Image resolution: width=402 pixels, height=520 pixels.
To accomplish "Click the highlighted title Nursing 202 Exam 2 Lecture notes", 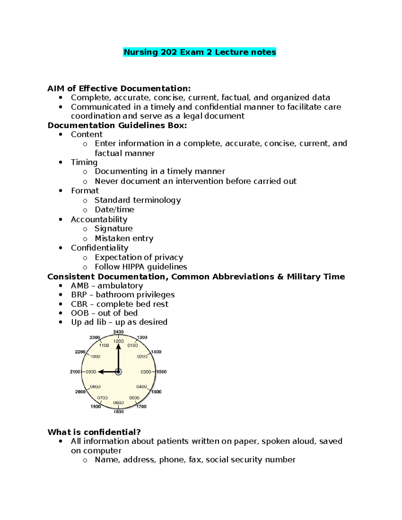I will (x=200, y=52).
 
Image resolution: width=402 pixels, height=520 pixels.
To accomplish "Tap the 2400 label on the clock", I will (x=118, y=332).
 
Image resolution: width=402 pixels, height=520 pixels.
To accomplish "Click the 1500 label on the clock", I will (x=161, y=372).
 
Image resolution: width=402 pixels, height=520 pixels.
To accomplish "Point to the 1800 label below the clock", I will (x=119, y=412).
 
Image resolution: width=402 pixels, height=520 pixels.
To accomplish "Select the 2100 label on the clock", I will (x=75, y=372).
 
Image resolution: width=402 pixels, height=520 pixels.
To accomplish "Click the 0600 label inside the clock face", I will (x=118, y=403).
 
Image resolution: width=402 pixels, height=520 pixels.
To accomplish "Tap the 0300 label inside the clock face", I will (x=146, y=372).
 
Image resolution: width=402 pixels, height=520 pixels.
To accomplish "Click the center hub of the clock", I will (x=118, y=372).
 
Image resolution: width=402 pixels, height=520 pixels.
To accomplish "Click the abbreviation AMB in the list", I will (x=80, y=286).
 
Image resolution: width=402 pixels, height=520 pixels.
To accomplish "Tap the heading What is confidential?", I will (x=94, y=432).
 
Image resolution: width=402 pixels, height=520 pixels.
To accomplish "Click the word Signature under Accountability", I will (x=114, y=229).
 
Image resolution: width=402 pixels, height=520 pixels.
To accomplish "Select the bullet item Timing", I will (x=84, y=162).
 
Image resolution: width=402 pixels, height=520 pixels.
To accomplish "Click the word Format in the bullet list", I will (x=85, y=191).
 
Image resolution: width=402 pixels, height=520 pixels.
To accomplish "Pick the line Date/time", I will (x=114, y=210).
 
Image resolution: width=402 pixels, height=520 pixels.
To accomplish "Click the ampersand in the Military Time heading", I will (x=280, y=277).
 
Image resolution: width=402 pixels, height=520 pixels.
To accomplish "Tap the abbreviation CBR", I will (x=79, y=304).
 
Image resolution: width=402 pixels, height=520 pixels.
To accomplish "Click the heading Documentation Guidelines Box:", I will (x=117, y=125).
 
